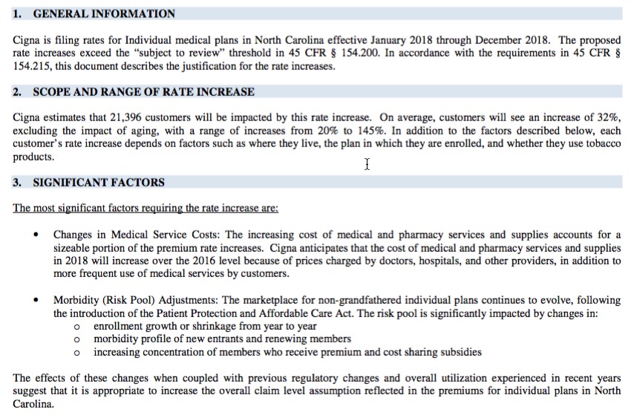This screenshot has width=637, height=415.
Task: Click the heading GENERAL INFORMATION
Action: (104, 13)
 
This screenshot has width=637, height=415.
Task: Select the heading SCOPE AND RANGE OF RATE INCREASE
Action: (143, 92)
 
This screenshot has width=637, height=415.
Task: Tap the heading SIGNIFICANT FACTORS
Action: (99, 182)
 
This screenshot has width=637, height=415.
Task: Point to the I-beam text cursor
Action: (367, 163)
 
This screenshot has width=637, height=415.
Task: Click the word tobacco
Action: (601, 143)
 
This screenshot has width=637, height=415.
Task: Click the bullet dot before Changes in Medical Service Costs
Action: (36, 235)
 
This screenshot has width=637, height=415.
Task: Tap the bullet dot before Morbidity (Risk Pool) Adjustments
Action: (36, 300)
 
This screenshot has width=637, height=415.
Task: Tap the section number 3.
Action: (17, 182)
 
